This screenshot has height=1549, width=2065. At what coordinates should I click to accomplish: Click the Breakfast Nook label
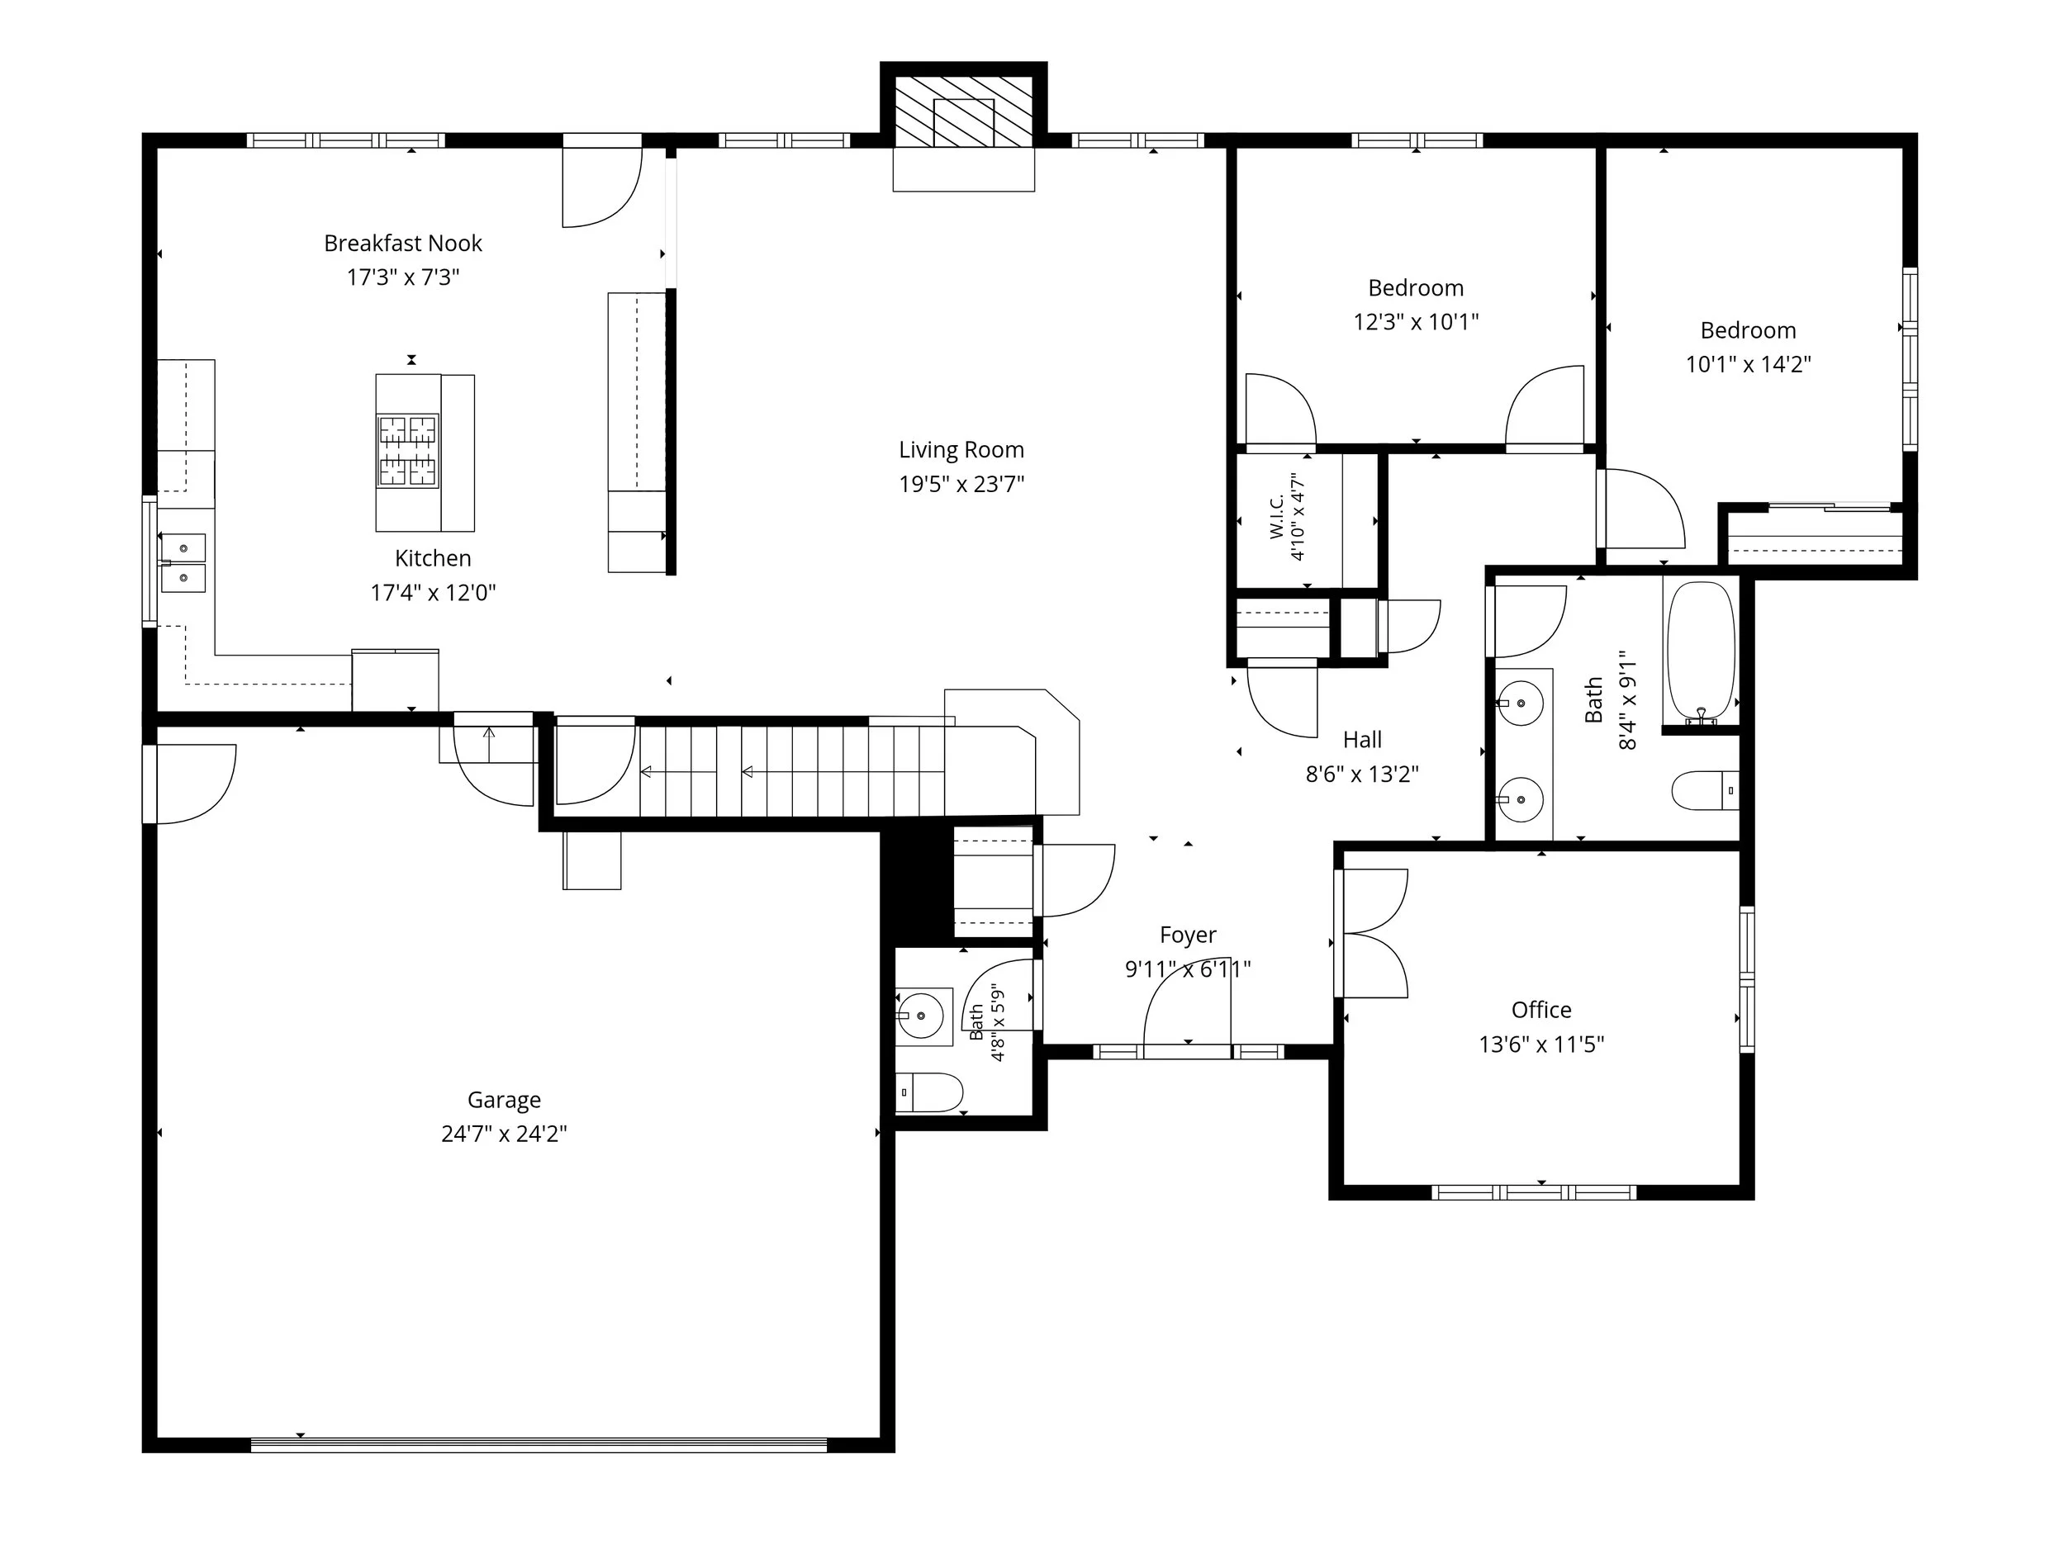coord(403,244)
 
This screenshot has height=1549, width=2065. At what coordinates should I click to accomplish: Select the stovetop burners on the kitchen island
coord(408,452)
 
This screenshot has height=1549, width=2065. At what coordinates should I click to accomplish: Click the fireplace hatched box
coord(964,111)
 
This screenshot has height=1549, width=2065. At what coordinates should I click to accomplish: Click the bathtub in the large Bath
coord(1701,653)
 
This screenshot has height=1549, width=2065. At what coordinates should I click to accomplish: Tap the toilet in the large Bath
coord(1705,790)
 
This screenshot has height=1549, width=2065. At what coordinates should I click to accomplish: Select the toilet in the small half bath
coord(929,1092)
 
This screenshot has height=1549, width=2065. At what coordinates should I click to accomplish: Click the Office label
coord(1541,1011)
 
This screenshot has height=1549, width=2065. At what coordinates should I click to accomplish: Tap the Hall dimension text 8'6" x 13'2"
coord(1362,774)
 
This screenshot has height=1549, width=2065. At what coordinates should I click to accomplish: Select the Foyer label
coord(1188,935)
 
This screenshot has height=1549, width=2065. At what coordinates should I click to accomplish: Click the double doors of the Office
coord(1372,933)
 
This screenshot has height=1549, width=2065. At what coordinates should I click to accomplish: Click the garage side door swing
coord(192,784)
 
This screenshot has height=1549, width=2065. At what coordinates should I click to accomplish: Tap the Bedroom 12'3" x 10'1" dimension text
coord(1417,323)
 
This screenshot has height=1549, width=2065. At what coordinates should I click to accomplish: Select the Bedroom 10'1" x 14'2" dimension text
coord(1749,365)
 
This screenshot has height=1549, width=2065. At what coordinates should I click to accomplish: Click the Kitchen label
coord(433,559)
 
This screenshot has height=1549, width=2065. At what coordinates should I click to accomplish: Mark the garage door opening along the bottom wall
coord(539,1444)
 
